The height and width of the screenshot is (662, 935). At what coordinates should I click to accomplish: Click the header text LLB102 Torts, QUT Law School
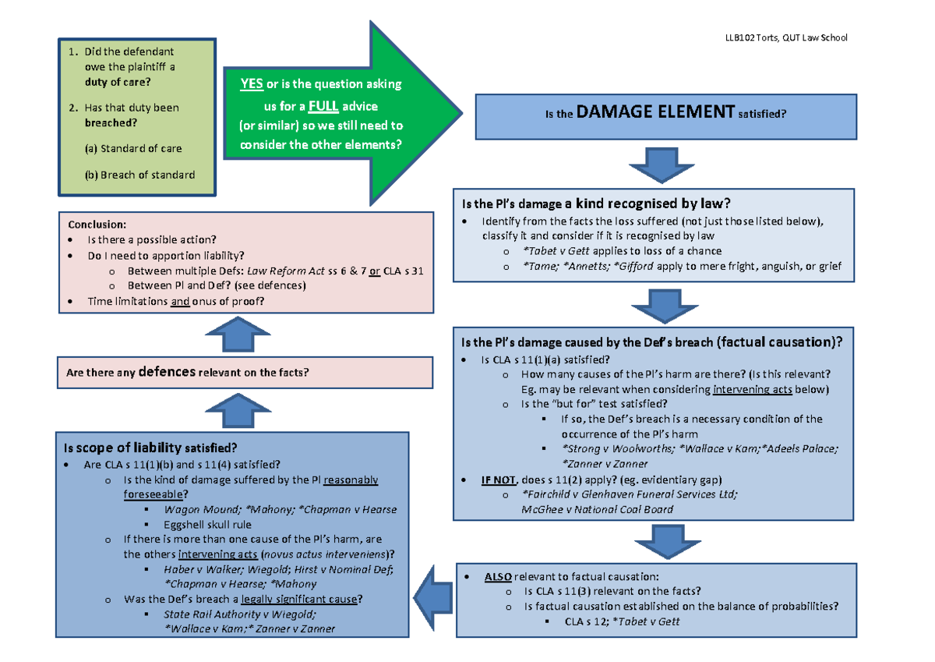pos(785,37)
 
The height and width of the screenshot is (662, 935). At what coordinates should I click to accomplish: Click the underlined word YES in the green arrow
pos(252,84)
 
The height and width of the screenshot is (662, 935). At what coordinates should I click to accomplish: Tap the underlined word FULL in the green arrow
pos(323,105)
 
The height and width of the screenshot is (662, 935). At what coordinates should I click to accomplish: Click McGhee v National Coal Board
pos(598,509)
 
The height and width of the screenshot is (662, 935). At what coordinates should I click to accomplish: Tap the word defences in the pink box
pos(167,372)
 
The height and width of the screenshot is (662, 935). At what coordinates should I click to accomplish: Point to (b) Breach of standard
pos(140,175)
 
